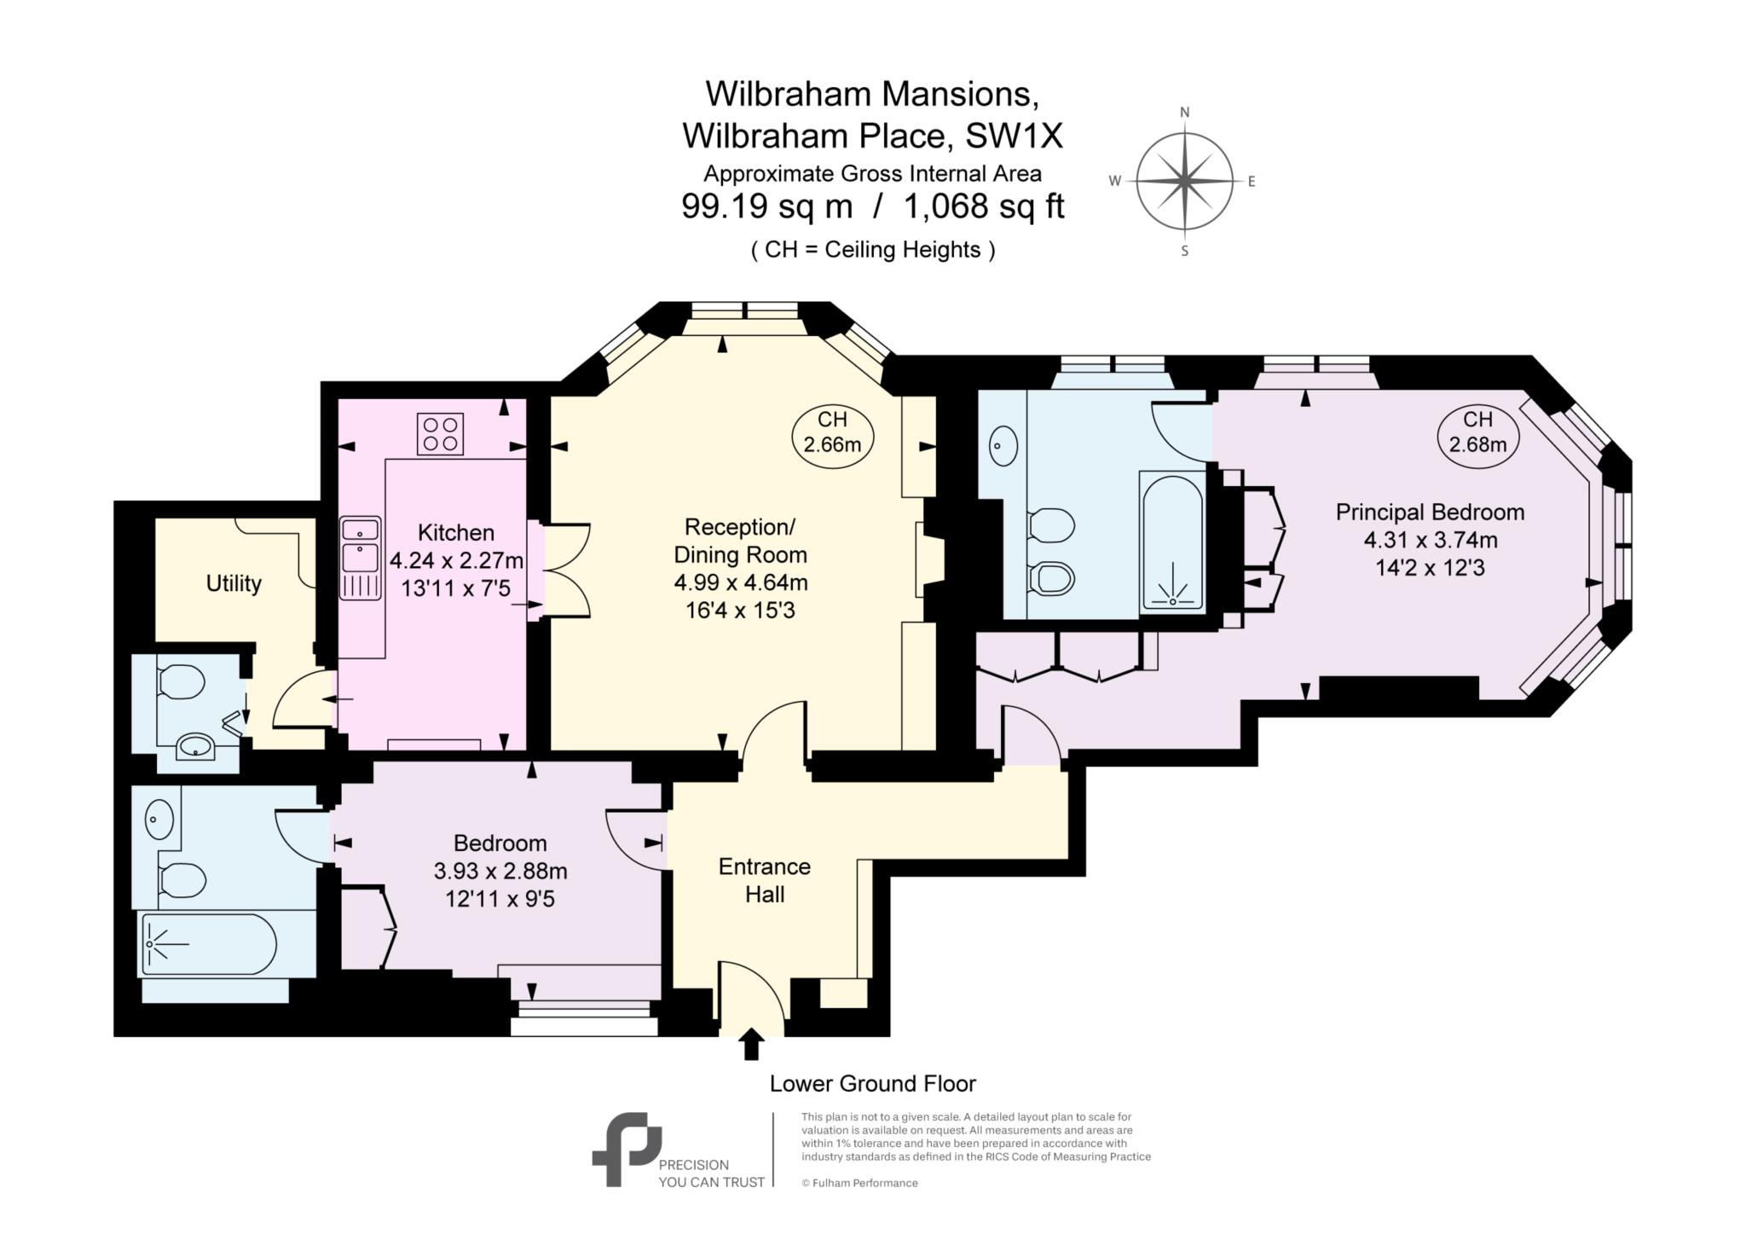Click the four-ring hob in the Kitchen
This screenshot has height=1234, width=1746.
pyautogui.click(x=440, y=433)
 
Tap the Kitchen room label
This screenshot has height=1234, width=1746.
pyautogui.click(x=455, y=533)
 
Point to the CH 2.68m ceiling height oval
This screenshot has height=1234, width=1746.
pyautogui.click(x=1477, y=432)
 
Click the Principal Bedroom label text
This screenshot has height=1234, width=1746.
pyautogui.click(x=1430, y=513)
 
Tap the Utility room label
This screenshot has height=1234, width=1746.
pyautogui.click(x=234, y=584)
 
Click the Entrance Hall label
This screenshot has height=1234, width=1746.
pyautogui.click(x=764, y=880)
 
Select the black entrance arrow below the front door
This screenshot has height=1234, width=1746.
pyautogui.click(x=751, y=1044)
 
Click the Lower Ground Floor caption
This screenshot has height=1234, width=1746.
pyautogui.click(x=872, y=1084)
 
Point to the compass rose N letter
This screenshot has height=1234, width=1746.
pyautogui.click(x=1184, y=113)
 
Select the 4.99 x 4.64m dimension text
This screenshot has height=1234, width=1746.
pyautogui.click(x=740, y=583)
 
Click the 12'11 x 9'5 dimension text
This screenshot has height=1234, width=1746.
pyautogui.click(x=500, y=899)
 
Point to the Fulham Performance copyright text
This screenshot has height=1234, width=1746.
pyautogui.click(x=859, y=1183)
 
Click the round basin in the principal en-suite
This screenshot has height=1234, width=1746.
pyautogui.click(x=1003, y=445)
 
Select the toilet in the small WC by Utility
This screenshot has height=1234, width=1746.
pyautogui.click(x=182, y=682)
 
